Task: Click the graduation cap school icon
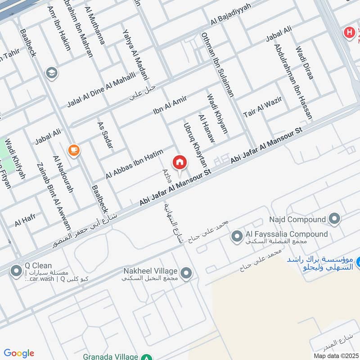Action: click(52, 72)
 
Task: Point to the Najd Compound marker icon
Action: click(334, 219)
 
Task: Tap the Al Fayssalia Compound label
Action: click(286, 234)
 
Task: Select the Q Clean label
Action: click(38, 265)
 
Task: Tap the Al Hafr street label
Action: click(25, 221)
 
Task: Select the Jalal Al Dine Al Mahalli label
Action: click(101, 90)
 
